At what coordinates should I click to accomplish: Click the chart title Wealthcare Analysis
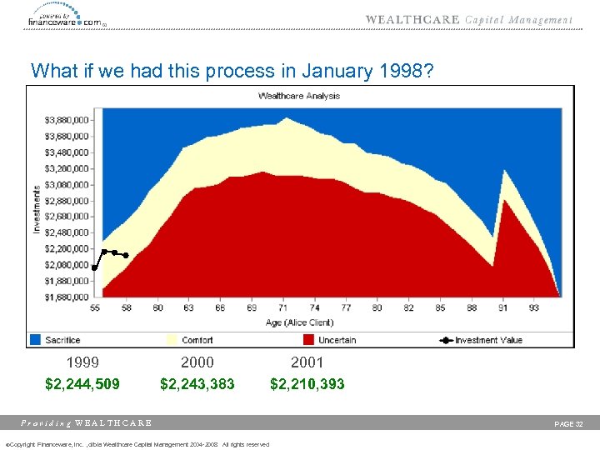click(299, 96)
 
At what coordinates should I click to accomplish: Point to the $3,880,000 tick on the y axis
click(67, 120)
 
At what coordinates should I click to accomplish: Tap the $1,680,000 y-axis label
click(67, 297)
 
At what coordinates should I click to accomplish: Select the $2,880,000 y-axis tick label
click(67, 200)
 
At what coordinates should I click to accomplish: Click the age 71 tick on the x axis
click(283, 307)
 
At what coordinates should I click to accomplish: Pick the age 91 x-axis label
click(504, 307)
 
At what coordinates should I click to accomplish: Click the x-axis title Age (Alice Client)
click(299, 322)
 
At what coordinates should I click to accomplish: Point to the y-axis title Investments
click(37, 208)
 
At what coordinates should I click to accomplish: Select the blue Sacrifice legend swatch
click(35, 340)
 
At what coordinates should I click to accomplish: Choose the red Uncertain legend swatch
click(308, 340)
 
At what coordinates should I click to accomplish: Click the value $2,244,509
click(82, 384)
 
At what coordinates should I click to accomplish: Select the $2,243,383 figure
click(197, 384)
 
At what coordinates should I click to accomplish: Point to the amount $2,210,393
click(307, 384)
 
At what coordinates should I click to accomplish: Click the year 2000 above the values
click(197, 362)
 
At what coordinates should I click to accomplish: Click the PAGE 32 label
click(569, 424)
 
